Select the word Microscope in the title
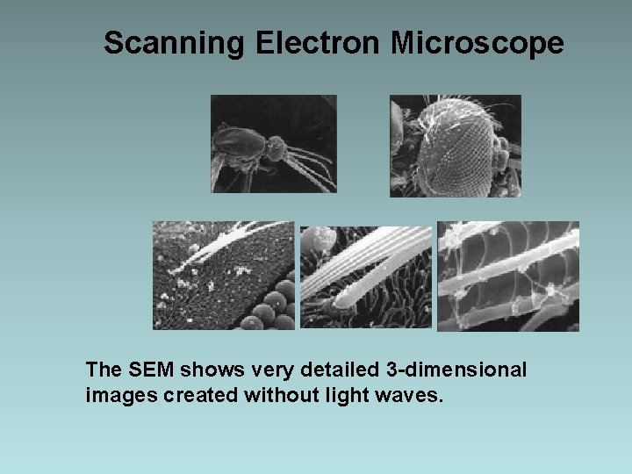(477, 42)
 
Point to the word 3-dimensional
(451, 370)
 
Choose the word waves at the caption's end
(414, 395)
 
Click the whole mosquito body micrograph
(273, 144)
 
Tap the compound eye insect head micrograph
(455, 146)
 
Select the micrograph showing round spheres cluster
(224, 276)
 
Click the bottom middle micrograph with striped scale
(366, 277)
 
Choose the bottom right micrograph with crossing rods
(508, 276)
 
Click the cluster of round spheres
(270, 307)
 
